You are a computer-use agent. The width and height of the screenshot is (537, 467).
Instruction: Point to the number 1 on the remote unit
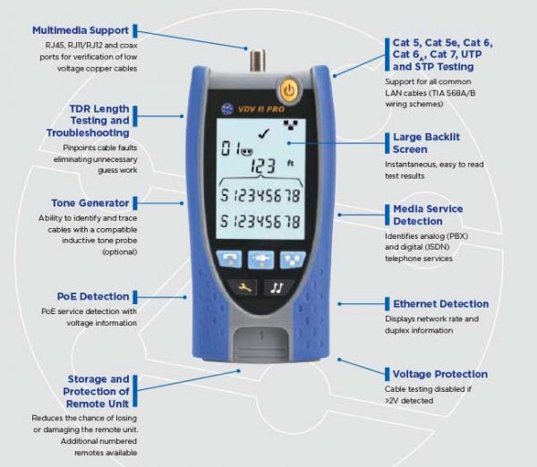coord(260,336)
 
